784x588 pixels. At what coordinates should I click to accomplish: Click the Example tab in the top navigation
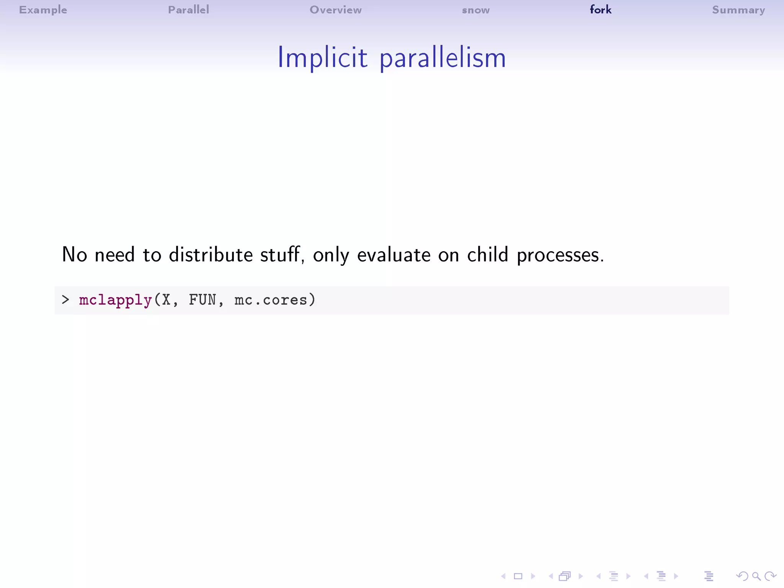click(x=43, y=10)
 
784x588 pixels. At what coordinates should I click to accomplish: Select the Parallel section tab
click(x=188, y=10)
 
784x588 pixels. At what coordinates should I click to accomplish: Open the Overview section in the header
click(x=335, y=10)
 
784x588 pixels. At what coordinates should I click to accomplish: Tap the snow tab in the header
click(x=475, y=10)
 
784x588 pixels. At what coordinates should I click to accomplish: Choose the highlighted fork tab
click(x=600, y=10)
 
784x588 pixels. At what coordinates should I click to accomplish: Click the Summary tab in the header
click(x=738, y=10)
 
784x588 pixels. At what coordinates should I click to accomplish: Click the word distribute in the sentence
click(x=211, y=255)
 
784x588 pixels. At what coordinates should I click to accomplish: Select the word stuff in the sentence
click(x=280, y=255)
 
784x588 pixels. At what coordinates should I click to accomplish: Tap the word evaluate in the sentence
click(x=394, y=255)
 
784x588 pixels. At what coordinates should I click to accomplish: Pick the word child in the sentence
click(x=487, y=255)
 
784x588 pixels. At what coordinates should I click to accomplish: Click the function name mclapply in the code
click(x=115, y=300)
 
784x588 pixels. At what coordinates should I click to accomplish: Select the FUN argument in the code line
click(x=203, y=300)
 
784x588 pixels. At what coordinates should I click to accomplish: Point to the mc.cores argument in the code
click(x=271, y=300)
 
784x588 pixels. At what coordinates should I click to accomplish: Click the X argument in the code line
click(x=166, y=300)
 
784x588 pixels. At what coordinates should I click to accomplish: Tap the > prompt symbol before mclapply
click(x=65, y=300)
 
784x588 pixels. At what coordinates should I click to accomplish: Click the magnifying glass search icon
click(x=756, y=576)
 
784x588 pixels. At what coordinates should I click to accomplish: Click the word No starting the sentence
click(x=75, y=255)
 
